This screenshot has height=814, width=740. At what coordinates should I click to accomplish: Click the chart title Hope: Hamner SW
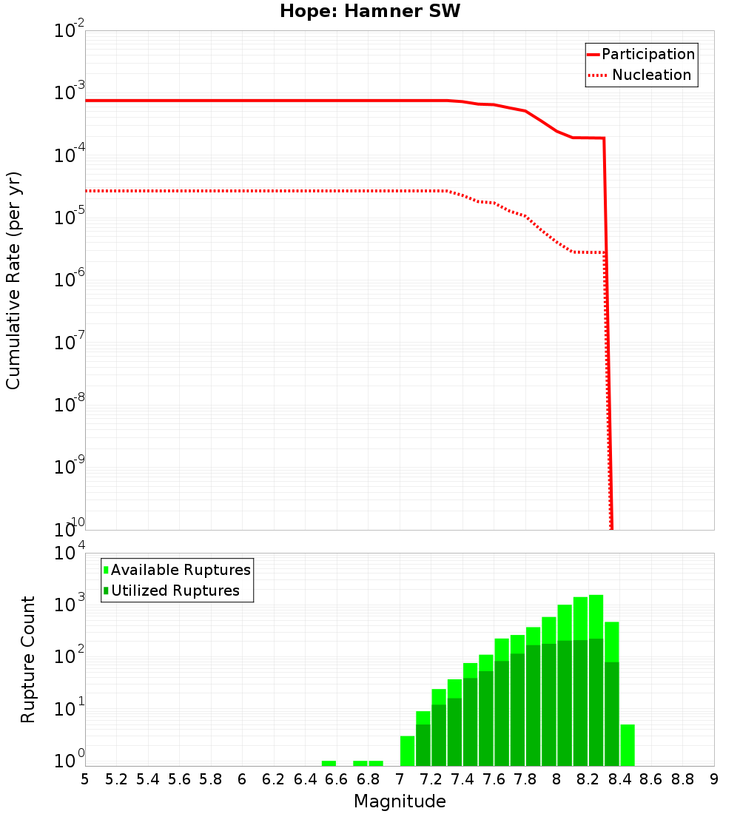coord(370,12)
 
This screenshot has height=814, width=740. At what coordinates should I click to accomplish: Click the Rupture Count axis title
coord(28,659)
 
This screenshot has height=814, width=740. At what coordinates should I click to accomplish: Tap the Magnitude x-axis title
coord(400,801)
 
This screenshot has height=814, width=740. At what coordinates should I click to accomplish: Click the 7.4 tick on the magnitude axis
coord(462,779)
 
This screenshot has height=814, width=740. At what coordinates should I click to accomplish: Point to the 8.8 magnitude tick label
coord(682,779)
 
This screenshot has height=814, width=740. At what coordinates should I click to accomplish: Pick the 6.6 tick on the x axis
coord(337,779)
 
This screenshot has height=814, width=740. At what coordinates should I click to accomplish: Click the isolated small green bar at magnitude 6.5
coord(329,763)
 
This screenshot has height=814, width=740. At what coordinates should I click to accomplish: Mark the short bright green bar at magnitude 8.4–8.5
coord(628,745)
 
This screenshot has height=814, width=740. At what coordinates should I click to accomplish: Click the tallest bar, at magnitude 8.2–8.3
coord(596,681)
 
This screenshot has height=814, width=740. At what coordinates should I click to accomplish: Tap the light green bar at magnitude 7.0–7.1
coord(407,750)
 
